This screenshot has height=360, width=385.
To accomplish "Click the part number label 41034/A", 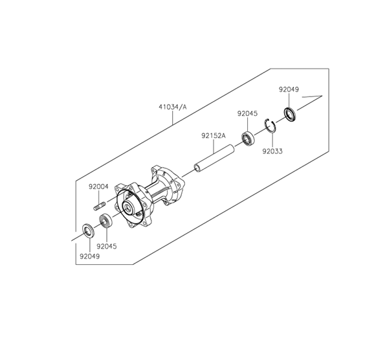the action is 173,107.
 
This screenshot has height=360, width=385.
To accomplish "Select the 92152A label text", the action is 214,135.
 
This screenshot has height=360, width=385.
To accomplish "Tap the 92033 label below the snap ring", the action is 272,151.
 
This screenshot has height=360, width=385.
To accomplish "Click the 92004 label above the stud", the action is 98,186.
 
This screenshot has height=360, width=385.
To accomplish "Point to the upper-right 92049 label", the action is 289,89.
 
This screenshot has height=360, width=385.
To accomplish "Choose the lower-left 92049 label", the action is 90,256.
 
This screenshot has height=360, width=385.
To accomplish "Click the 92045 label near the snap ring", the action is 247,113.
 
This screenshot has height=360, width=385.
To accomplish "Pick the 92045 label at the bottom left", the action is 107,246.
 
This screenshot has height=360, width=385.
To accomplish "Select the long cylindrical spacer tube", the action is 214,158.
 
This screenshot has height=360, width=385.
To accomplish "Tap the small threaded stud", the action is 100,206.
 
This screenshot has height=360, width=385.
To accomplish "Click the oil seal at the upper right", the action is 290,115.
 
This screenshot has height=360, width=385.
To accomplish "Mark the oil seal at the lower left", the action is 87,231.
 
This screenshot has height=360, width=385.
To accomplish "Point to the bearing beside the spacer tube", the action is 248,139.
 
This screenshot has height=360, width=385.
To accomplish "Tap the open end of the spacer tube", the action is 197,168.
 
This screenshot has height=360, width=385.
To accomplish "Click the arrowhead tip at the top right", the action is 322,95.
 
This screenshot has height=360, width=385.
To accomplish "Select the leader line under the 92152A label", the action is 214,146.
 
